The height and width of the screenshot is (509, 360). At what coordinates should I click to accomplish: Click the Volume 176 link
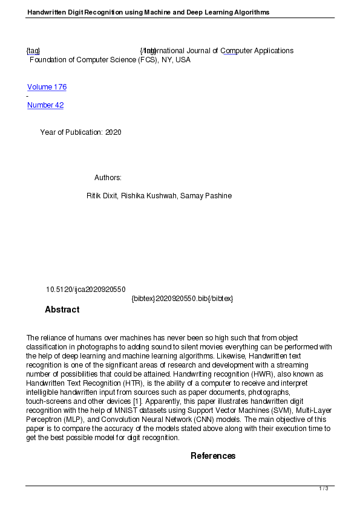pyautogui.click(x=47, y=87)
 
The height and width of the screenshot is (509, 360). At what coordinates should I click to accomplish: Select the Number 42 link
pyautogui.click(x=45, y=105)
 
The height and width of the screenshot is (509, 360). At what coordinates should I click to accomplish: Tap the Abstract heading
pyautogui.click(x=62, y=310)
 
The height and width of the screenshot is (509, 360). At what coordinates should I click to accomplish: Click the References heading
pyautogui.click(x=213, y=456)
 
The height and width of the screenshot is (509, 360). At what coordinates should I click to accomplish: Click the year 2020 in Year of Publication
pyautogui.click(x=113, y=132)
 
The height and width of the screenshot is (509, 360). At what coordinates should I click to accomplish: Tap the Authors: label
pyautogui.click(x=108, y=178)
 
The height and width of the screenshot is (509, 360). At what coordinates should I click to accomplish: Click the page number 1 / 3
pyautogui.click(x=324, y=488)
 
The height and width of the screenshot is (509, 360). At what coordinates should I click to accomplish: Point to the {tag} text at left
pyautogui.click(x=33, y=51)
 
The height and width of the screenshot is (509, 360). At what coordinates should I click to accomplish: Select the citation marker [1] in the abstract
pyautogui.click(x=137, y=401)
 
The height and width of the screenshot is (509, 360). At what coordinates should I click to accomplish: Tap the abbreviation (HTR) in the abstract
pyautogui.click(x=151, y=383)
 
